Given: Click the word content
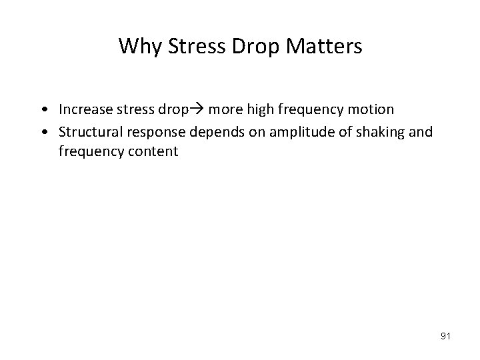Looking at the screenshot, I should (x=152, y=151).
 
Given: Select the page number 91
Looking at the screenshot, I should (x=445, y=337).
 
